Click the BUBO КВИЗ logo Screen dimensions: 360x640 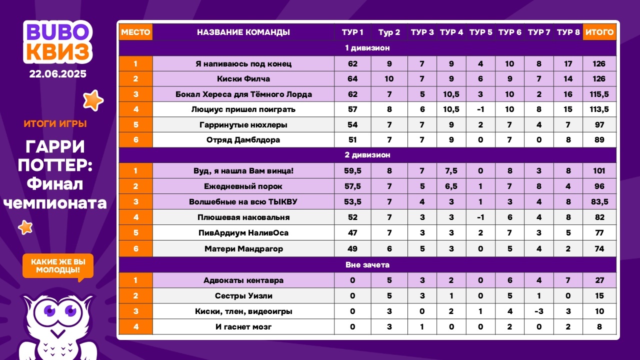point(57,42)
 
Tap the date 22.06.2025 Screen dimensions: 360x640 point(57,74)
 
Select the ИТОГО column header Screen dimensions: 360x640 point(599,32)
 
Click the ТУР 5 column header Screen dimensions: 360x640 point(480,32)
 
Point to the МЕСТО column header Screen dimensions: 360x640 point(135,32)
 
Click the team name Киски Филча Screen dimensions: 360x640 point(243,78)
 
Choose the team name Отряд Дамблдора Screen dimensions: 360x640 point(243,140)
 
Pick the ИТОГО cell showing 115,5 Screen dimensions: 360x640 point(599,94)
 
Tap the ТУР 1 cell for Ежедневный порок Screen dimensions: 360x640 point(352,186)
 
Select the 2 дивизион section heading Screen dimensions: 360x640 point(367,155)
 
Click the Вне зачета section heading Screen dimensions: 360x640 point(367,264)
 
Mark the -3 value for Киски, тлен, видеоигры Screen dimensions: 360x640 point(539,311)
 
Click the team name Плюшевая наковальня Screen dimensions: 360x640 point(243,217)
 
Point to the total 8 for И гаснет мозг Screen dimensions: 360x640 point(599,327)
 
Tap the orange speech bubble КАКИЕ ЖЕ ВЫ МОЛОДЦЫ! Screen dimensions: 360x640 point(58,266)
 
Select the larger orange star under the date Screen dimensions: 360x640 point(92,100)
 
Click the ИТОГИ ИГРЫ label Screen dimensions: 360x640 point(55,124)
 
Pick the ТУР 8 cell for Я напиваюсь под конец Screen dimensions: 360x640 point(568,63)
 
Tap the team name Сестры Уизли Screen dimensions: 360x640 point(243,296)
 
